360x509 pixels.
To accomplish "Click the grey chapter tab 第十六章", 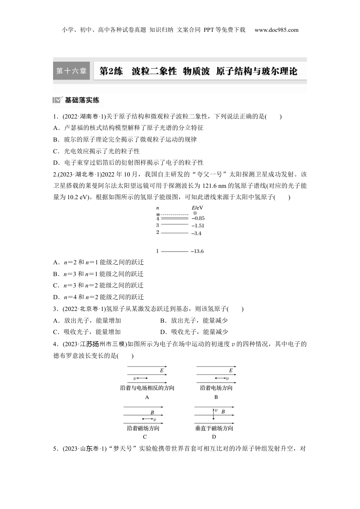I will click(x=71, y=71).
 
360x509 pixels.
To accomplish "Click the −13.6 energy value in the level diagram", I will click(x=197, y=251).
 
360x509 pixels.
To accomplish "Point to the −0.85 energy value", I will click(x=198, y=218).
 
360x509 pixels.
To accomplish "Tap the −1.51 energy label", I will click(x=198, y=225).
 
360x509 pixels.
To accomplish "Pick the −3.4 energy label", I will click(x=196, y=233).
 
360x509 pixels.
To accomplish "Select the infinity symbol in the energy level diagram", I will click(x=158, y=214).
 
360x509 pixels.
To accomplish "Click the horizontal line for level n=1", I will click(x=175, y=251).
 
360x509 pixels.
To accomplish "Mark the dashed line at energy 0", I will click(x=175, y=214).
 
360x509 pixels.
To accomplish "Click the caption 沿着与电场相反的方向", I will click(x=147, y=388).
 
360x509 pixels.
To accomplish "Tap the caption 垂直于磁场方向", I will click(x=214, y=428).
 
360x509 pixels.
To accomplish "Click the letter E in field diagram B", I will click(x=231, y=371).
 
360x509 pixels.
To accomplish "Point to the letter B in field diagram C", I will click(x=152, y=412).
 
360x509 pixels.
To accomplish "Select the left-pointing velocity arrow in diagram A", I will click(x=141, y=378).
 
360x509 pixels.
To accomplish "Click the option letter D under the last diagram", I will click(x=214, y=437).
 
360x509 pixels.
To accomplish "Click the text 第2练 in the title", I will click(x=111, y=71).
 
